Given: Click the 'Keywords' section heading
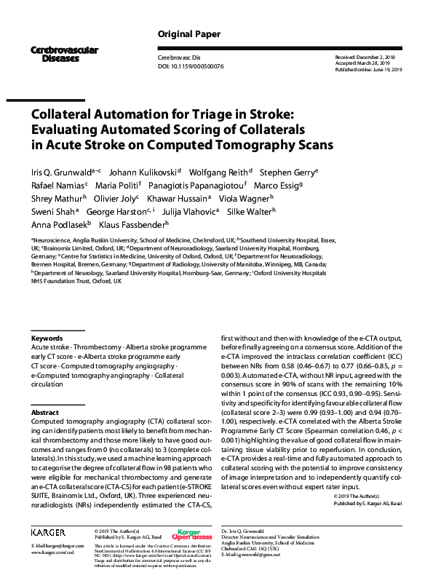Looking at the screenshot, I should pyautogui.click(x=47, y=339).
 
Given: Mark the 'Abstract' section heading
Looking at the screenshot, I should pyautogui.click(x=44, y=412).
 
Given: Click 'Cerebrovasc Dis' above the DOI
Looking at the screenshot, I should pyautogui.click(x=178, y=57).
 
